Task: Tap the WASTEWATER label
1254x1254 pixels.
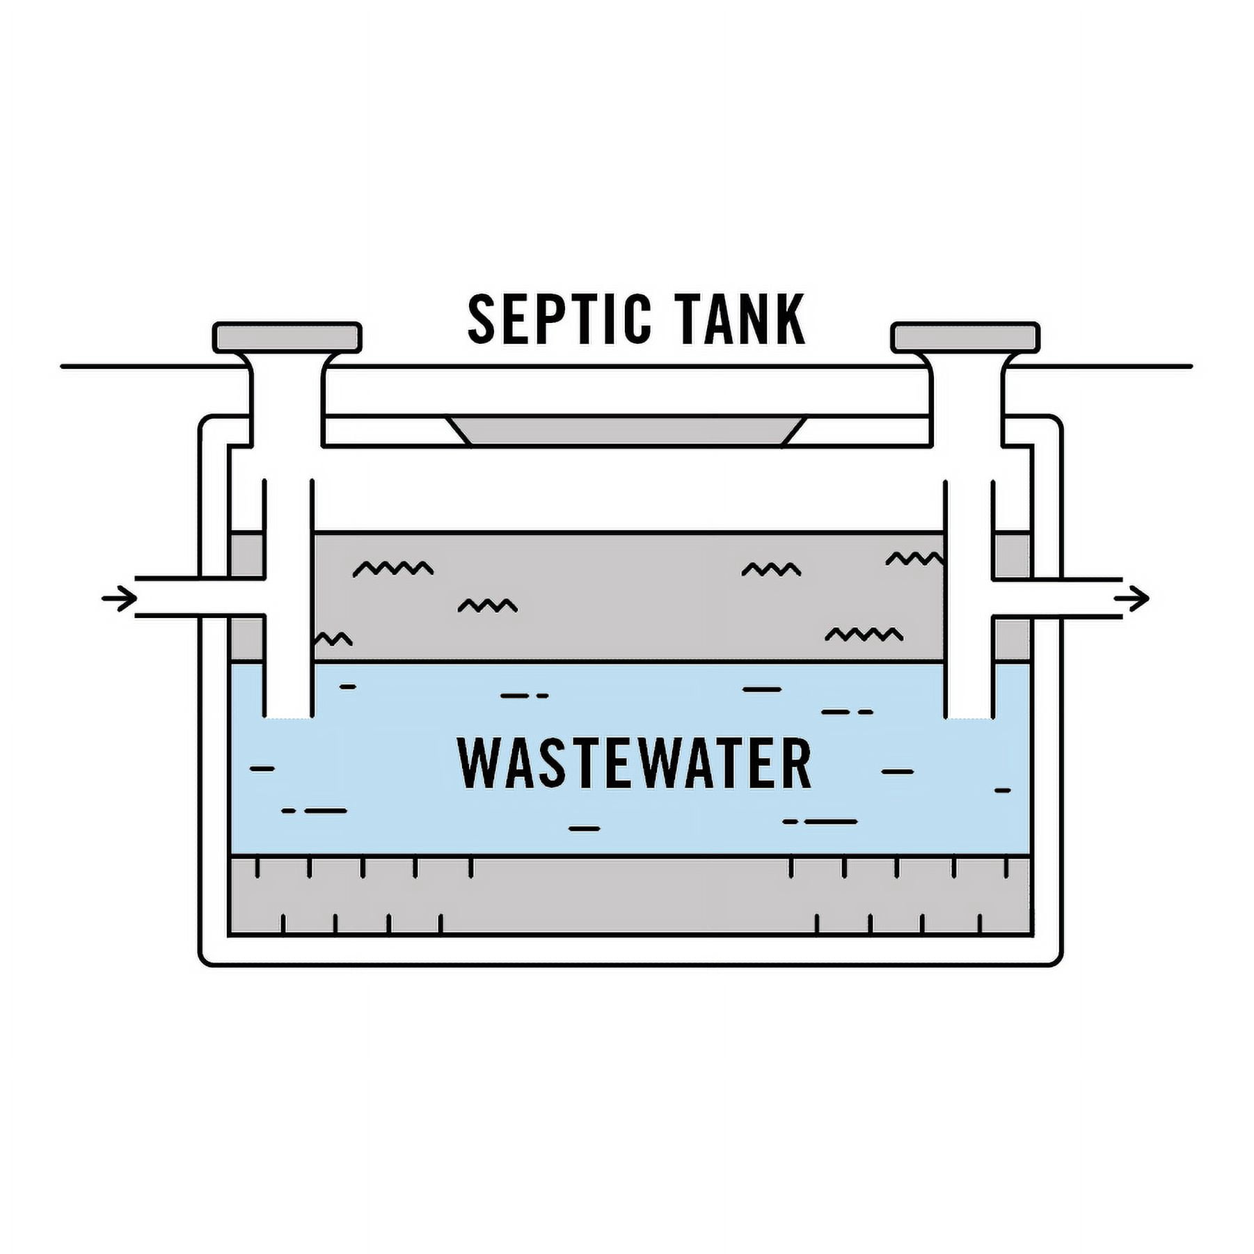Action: pyautogui.click(x=634, y=763)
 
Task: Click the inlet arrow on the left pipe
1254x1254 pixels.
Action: pyautogui.click(x=119, y=598)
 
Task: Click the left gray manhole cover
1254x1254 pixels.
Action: pyautogui.click(x=287, y=338)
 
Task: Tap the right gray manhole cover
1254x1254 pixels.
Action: pyautogui.click(x=966, y=338)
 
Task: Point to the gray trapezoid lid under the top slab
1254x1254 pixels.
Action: pyautogui.click(x=626, y=430)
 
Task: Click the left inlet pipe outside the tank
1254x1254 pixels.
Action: pyautogui.click(x=181, y=597)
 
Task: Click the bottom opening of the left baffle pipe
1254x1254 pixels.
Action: pyautogui.click(x=287, y=717)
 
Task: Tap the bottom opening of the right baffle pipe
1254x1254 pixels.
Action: pyautogui.click(x=968, y=717)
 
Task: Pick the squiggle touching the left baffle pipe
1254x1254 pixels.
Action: pyautogui.click(x=334, y=639)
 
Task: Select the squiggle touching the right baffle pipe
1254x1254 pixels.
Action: pyautogui.click(x=914, y=559)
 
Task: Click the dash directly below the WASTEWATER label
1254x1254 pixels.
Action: pyautogui.click(x=584, y=829)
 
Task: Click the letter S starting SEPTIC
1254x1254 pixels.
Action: pyautogui.click(x=482, y=319)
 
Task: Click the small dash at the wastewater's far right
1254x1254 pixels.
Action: pyautogui.click(x=1002, y=791)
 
